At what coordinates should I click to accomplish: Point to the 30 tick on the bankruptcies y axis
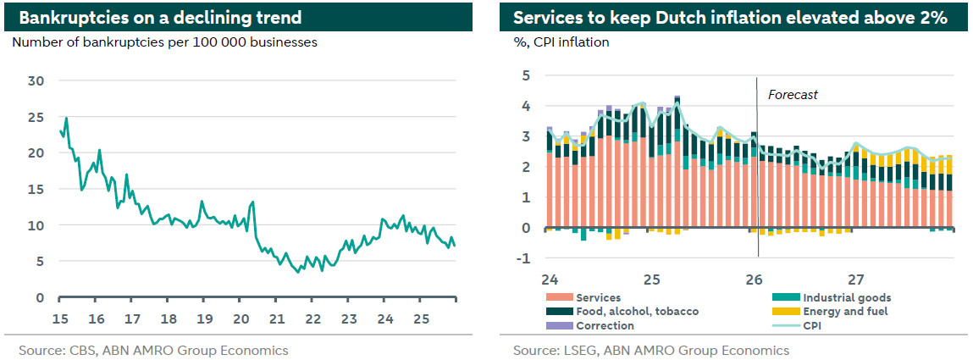[36, 80]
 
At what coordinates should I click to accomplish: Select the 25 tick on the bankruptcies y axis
[36, 117]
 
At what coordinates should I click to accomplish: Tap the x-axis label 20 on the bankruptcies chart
[240, 319]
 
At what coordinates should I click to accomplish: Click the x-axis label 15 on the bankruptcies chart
[60, 319]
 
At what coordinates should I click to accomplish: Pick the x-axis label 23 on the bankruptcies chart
[349, 319]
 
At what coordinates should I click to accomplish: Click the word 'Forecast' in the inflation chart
[793, 95]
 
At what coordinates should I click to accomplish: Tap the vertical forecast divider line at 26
[757, 169]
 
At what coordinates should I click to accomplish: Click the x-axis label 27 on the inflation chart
[856, 279]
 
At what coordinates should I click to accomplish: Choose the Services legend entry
[598, 297]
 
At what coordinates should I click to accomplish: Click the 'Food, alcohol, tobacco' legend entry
[637, 311]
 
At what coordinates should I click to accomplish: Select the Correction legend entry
[605, 325]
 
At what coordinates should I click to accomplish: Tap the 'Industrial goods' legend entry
[846, 297]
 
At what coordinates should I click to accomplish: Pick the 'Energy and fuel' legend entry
[844, 311]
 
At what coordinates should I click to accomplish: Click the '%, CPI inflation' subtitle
[561, 42]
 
